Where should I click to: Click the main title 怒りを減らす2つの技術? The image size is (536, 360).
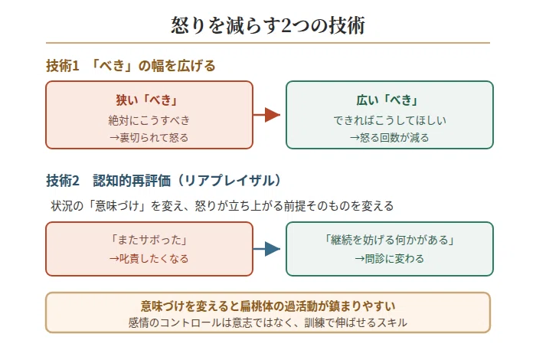click(x=268, y=25)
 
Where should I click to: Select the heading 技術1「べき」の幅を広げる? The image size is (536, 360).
click(x=131, y=66)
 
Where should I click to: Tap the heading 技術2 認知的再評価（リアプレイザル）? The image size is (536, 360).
click(x=164, y=181)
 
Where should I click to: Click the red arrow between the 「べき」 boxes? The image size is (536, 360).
click(x=266, y=115)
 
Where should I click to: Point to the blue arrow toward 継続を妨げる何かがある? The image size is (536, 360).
click(x=266, y=249)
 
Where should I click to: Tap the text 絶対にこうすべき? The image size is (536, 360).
click(x=149, y=120)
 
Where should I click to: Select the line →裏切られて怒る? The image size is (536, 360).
click(x=149, y=137)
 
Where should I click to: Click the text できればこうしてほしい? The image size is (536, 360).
click(x=390, y=120)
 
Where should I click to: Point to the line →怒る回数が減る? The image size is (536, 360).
click(x=389, y=137)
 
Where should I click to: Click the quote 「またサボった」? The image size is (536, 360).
click(x=149, y=240)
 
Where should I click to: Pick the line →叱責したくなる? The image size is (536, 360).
click(x=149, y=258)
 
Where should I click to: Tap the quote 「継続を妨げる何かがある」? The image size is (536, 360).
click(x=390, y=240)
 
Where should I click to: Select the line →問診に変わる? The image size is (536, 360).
click(x=389, y=258)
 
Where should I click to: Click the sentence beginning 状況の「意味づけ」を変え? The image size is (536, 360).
click(x=222, y=206)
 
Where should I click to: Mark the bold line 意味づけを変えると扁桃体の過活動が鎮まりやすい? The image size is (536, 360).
click(x=268, y=306)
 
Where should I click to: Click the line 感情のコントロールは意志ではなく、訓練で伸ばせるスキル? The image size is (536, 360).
click(x=268, y=322)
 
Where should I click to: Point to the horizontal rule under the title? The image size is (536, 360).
click(x=268, y=43)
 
